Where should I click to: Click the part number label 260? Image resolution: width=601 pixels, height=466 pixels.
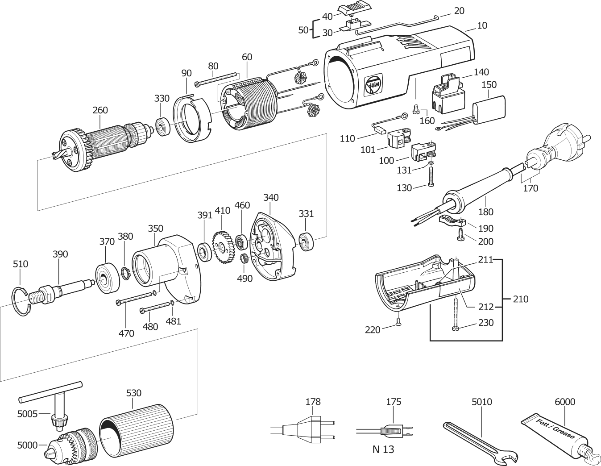pyautogui.click(x=100, y=110)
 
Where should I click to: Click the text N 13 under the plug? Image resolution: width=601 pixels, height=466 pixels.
pyautogui.click(x=383, y=449)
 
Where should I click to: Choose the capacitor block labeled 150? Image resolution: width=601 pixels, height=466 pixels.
pyautogui.click(x=489, y=108)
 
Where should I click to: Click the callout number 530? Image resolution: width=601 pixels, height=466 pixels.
pyautogui.click(x=133, y=393)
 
